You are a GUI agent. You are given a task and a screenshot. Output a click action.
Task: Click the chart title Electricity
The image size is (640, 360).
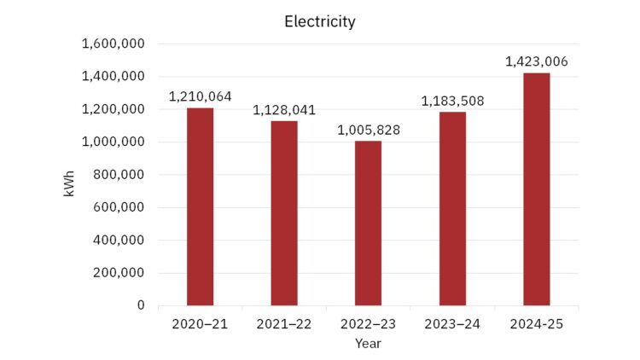320,22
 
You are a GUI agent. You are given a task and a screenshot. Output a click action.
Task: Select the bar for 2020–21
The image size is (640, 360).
200,206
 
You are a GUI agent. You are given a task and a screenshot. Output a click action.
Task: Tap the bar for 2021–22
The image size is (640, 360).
284,213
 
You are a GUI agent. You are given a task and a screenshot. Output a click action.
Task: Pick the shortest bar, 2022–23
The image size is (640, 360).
368,224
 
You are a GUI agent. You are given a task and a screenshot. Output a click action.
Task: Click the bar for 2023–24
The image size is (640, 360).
452,209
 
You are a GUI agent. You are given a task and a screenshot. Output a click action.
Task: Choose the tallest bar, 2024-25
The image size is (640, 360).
537,189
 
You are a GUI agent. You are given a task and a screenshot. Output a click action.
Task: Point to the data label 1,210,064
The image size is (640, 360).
200,96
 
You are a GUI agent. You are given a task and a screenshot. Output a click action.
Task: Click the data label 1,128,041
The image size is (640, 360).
284,110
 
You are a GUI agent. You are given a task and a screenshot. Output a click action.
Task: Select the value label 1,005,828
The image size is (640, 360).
368,131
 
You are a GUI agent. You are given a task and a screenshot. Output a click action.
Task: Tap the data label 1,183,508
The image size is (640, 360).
452,101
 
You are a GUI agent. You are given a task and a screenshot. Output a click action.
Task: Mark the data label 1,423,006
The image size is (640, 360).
537,61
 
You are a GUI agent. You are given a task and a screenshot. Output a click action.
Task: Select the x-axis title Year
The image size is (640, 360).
368,344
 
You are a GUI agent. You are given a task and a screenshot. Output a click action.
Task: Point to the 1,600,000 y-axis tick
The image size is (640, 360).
113,44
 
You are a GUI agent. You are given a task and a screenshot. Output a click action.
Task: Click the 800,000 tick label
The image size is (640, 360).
119,175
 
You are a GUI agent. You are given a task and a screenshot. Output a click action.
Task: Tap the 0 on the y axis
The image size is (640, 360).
141,305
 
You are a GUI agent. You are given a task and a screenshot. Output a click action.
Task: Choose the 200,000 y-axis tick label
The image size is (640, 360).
119,273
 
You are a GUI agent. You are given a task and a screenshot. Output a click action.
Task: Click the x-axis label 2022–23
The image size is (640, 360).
368,324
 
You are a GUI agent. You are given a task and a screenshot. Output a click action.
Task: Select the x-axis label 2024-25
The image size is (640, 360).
537,324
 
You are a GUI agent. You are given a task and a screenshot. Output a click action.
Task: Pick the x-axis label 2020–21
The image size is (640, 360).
200,324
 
